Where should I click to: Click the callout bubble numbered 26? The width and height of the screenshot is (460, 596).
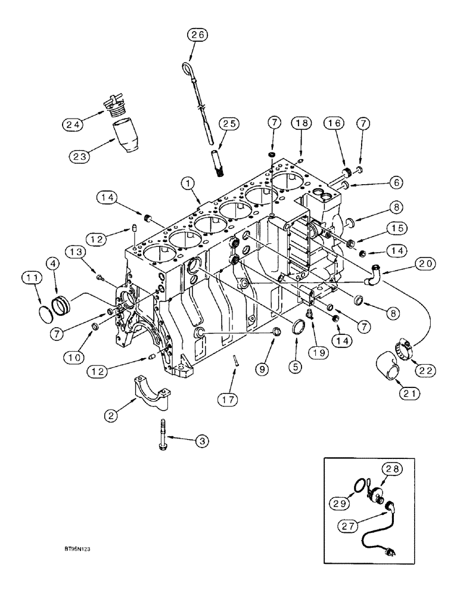point(197,35)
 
